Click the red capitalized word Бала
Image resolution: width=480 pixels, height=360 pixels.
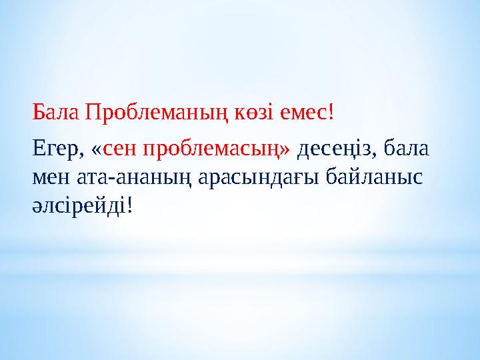56,114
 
